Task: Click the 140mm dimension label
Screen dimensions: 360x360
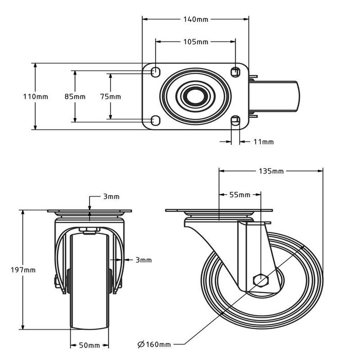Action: click(x=195, y=20)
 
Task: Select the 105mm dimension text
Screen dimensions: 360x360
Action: click(x=195, y=41)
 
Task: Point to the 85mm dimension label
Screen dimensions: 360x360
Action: click(x=75, y=97)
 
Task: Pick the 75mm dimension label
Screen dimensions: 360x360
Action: click(x=110, y=97)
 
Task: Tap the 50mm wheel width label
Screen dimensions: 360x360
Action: click(x=89, y=345)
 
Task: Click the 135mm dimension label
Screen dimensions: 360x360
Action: click(x=271, y=171)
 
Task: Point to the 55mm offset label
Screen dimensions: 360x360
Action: click(x=240, y=195)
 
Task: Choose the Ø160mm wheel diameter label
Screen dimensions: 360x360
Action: click(x=154, y=344)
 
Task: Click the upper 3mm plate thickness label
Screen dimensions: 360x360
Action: click(x=111, y=196)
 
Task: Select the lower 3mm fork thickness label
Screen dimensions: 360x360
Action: click(x=144, y=260)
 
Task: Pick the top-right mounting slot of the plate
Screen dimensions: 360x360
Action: click(x=236, y=71)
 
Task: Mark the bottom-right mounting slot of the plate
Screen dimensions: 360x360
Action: click(x=236, y=121)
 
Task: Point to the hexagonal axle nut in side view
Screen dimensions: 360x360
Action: click(x=261, y=281)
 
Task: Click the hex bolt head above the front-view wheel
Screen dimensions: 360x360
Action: click(x=90, y=230)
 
